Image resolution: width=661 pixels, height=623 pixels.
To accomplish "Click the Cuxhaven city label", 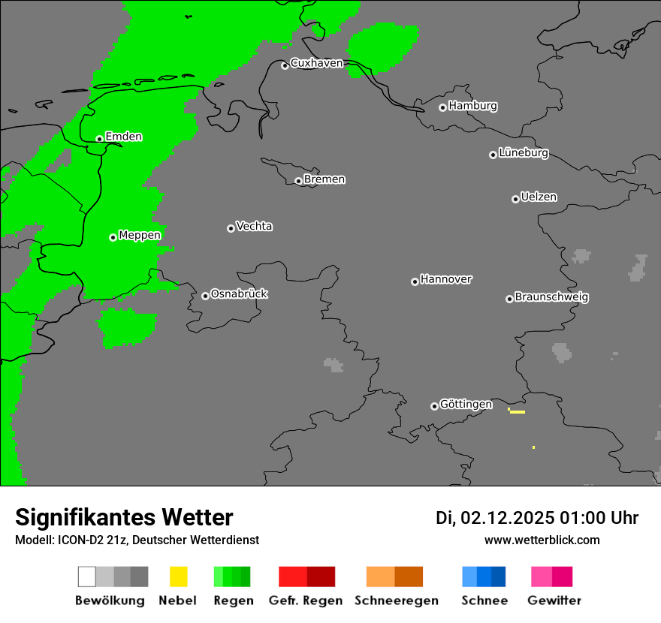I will coord(316,63).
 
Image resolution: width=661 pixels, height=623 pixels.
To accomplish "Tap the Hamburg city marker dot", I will coord(442,107).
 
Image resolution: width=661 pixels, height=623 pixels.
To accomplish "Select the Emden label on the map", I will coord(123,137).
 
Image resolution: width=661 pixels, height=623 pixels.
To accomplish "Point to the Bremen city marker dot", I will coord(298,181).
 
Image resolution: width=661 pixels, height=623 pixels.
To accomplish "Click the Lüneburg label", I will coord(523,153).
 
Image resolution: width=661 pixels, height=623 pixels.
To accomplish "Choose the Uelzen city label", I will coord(539,197).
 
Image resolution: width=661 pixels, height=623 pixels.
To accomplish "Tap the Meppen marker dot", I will coord(113,237).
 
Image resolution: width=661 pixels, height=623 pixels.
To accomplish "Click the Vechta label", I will coord(254,227).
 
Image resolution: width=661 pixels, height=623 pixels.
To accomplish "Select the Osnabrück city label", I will coord(239,294).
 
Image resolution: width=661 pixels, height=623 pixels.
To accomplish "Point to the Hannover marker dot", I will coord(415,281).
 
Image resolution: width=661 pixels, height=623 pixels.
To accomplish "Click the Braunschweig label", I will coord(551,297).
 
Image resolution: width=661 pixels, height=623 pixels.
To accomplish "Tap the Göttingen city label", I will coord(466,405).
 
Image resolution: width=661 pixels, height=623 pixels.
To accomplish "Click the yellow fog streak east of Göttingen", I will coord(517,412).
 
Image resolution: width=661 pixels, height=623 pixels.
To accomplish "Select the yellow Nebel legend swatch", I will coord(178,576).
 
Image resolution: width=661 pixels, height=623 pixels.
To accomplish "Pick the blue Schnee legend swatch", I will coord(483,576).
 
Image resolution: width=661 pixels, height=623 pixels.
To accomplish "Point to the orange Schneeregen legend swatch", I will coord(394,576).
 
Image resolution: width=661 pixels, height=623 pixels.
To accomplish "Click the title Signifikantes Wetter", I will coord(124,518).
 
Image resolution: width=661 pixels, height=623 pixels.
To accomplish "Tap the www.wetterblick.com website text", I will coord(542,540).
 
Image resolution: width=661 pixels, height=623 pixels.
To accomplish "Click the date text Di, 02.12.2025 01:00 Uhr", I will coord(537,518).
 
